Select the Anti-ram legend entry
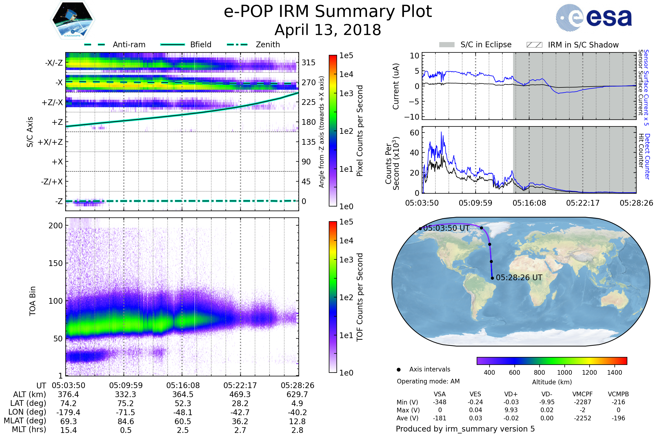(129, 45)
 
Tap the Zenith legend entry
(268, 45)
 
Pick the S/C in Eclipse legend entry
(486, 45)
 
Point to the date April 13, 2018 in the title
(328, 30)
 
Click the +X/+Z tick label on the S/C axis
(50, 142)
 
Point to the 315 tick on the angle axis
(309, 63)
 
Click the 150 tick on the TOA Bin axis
(55, 263)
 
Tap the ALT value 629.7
(297, 394)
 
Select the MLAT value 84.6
(126, 421)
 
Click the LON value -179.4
(68, 412)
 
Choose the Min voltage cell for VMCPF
(582, 402)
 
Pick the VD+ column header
(511, 394)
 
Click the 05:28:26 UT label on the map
(519, 277)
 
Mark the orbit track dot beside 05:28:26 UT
(492, 278)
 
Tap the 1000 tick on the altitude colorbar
(564, 373)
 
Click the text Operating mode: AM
(428, 381)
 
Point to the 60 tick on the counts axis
(414, 133)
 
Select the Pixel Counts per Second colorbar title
(360, 131)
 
